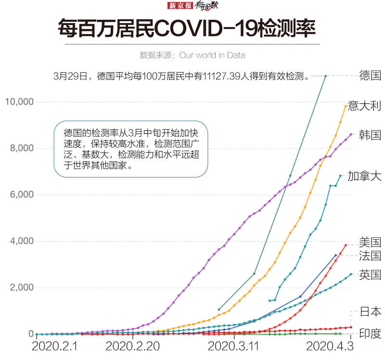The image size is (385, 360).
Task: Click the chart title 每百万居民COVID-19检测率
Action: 186,29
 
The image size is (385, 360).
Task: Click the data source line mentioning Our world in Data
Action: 192,55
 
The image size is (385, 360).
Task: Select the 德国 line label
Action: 370,75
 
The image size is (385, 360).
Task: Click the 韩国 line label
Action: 370,134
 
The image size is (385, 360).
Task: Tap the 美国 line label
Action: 370,242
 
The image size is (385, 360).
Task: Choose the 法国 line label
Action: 370,256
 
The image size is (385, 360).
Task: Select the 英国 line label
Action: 370,274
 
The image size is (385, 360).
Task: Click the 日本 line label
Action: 370,311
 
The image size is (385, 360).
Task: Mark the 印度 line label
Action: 370,333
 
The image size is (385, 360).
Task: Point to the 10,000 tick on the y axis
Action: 19,102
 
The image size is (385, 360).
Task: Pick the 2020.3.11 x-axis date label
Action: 233,347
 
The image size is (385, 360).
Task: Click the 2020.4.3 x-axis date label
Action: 330,347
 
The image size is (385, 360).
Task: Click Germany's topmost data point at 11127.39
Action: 326,76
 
